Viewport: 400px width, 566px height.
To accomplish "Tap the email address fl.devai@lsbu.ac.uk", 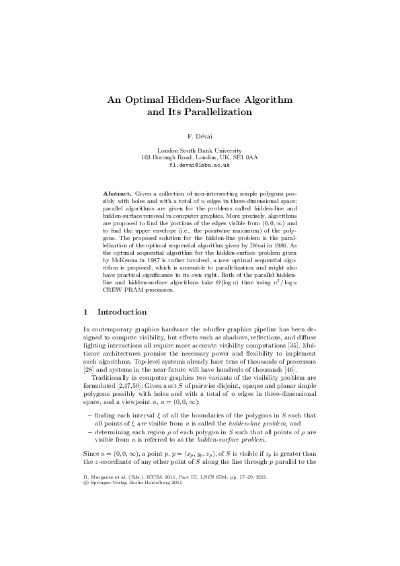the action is click(200, 164).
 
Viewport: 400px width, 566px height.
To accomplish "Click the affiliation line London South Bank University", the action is click(200, 151).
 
